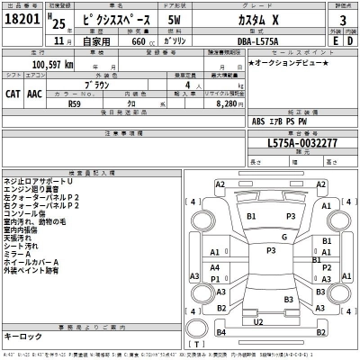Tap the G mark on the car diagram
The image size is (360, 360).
click(258, 237)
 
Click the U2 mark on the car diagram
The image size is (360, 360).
click(258, 320)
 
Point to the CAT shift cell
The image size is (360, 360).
click(15, 93)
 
